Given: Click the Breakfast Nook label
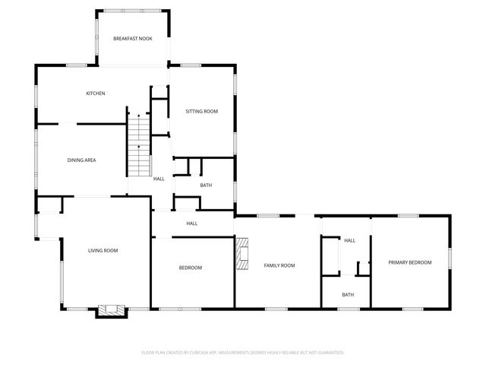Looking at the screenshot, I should point(133,39).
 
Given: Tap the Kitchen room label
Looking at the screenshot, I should point(95,94).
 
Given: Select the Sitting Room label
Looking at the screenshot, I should point(202,112).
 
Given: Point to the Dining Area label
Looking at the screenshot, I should point(81,160).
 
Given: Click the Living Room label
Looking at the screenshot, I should point(103,250).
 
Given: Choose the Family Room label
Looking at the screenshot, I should point(279,265).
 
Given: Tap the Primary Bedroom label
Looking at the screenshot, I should point(409,262).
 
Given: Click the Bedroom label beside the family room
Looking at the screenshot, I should point(191,268).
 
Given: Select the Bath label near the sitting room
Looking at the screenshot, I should point(206,186).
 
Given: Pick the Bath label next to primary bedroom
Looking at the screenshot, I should point(347,295).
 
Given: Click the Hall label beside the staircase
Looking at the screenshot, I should point(159,179).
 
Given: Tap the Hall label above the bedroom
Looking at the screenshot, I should point(192,224).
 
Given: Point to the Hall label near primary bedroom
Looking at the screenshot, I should point(349,241).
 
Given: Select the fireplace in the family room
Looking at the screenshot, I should point(241,254).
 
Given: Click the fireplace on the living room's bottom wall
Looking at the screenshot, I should point(112,310).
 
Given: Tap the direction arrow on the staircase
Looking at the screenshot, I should point(138,116).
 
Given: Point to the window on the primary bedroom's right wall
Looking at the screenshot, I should point(450,257).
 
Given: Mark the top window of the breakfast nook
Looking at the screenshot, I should point(133,11).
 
